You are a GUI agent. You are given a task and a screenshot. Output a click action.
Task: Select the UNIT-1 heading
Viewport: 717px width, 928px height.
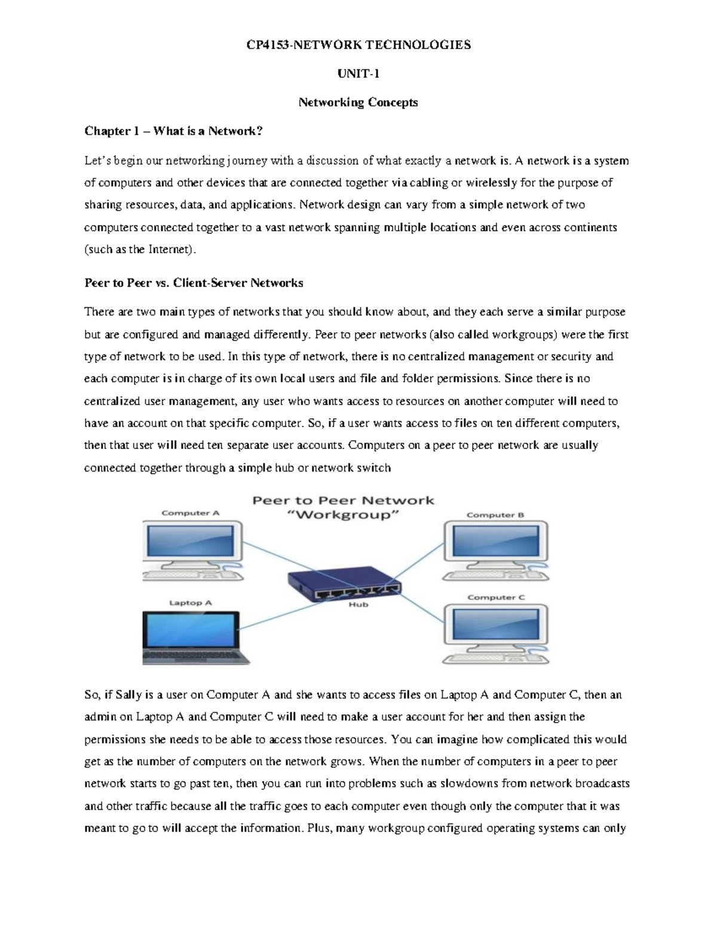[x=358, y=73]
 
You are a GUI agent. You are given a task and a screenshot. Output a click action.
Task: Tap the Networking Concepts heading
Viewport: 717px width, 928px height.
[x=358, y=102]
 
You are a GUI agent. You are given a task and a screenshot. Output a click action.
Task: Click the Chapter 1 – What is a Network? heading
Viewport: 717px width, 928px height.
[x=173, y=131]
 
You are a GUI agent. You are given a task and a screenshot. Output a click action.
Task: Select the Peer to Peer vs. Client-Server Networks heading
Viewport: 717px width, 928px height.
[x=194, y=283]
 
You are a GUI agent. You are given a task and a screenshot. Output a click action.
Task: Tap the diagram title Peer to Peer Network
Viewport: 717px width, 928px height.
[x=343, y=501]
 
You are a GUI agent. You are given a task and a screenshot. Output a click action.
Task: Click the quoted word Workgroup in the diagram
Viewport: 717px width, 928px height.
[x=343, y=515]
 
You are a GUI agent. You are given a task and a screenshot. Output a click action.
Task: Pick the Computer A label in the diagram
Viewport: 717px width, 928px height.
[x=191, y=513]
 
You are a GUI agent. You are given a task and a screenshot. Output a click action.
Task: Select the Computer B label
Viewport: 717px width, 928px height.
[x=495, y=514]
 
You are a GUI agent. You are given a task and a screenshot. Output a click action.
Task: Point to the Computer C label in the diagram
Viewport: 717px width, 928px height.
[x=496, y=597]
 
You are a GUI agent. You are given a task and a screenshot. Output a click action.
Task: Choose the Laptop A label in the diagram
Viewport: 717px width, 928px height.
[x=190, y=602]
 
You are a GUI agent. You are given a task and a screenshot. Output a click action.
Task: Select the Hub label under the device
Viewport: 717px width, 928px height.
[x=358, y=604]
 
